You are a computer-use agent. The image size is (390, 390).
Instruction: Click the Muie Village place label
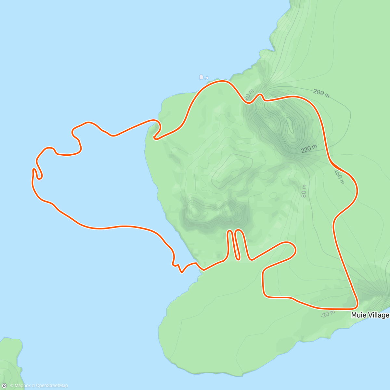pos(370,315)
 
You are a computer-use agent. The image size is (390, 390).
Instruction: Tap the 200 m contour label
pos(321,93)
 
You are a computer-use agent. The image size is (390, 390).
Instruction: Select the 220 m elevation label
pos(309,149)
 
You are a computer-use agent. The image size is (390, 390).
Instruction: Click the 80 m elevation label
pos(304,191)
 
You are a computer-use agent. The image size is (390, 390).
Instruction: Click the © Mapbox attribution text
pos(20,386)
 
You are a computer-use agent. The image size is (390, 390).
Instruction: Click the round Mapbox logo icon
pos(4,386)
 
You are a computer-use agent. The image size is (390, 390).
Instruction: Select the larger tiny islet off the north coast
pos(201,77)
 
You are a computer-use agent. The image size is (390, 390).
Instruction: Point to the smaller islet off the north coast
pos(207,78)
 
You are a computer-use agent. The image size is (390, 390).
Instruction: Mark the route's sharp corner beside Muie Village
pos(357,306)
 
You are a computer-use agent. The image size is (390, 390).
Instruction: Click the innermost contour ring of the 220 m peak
pos(289,125)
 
